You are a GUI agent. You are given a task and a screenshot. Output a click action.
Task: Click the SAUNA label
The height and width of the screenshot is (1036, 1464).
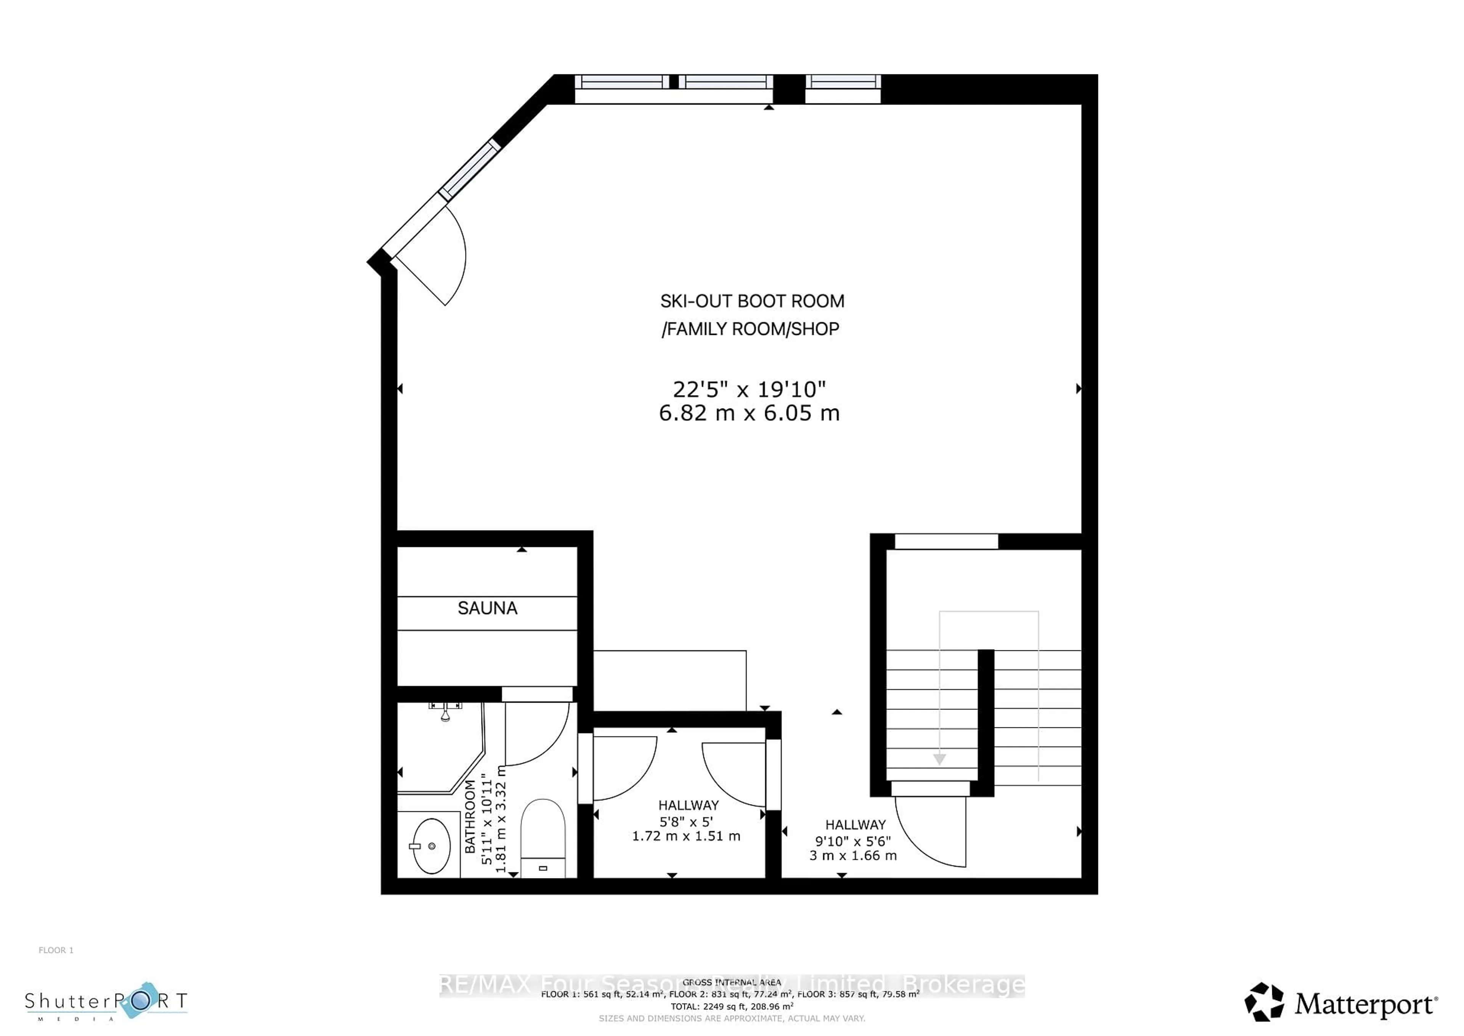tap(487, 608)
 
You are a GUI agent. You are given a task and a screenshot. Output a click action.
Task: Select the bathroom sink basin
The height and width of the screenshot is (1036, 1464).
tap(432, 846)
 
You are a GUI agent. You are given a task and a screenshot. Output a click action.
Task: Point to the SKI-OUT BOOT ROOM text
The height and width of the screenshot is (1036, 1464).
tap(752, 301)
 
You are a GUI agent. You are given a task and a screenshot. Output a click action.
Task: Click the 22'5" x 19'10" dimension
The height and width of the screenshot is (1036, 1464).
tap(749, 389)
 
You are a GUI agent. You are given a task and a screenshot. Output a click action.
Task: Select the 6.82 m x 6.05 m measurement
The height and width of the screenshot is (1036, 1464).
tap(749, 413)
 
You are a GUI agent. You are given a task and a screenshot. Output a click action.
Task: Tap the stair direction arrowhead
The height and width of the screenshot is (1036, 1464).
tap(939, 759)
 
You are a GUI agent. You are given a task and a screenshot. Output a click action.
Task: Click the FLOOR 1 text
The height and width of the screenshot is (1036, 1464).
tap(56, 950)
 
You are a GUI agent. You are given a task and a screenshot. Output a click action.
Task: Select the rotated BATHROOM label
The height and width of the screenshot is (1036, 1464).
tap(470, 817)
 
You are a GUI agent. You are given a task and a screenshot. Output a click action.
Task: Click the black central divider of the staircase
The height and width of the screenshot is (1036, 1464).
tap(986, 721)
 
